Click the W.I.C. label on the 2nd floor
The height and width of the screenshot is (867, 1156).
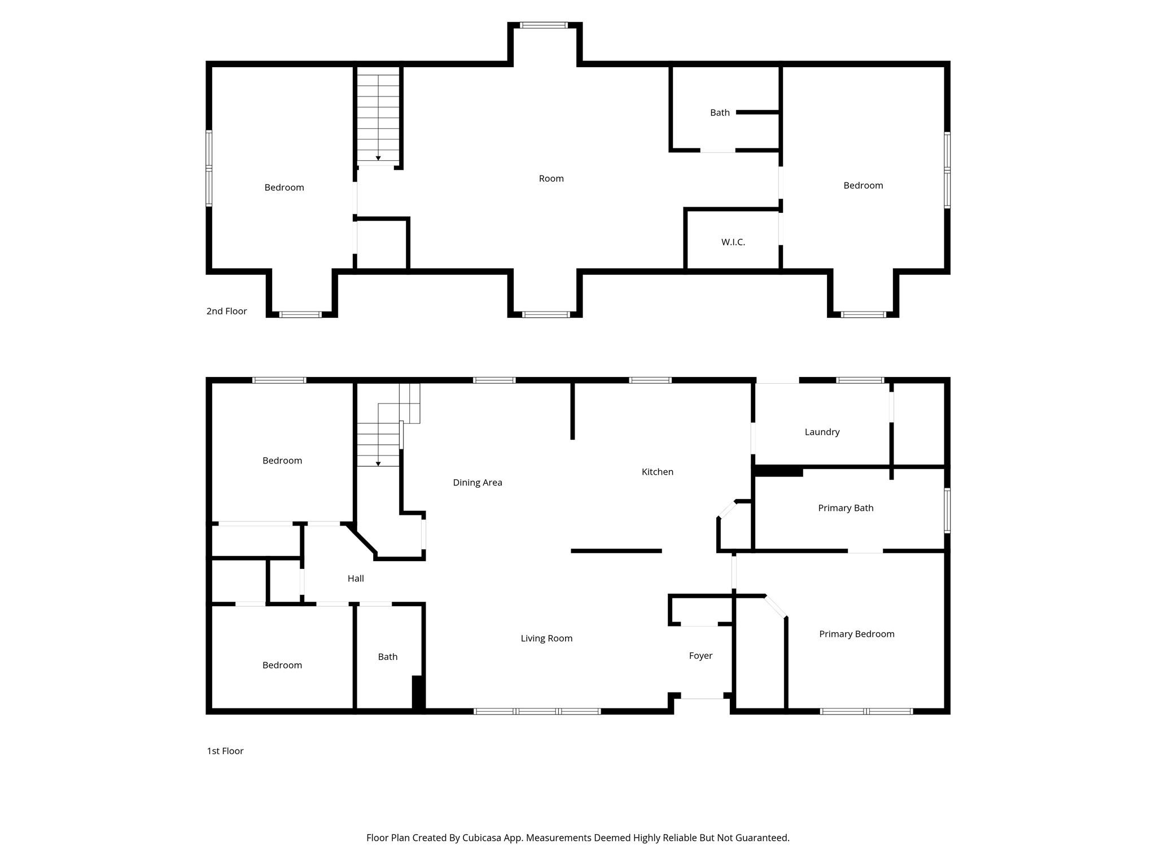pyautogui.click(x=733, y=242)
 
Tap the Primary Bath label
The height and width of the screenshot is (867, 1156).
pyautogui.click(x=846, y=508)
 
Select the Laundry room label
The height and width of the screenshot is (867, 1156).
pyautogui.click(x=822, y=432)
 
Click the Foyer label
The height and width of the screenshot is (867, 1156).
pyautogui.click(x=700, y=655)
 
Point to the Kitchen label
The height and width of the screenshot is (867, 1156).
pyautogui.click(x=657, y=472)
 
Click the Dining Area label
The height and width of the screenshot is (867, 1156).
pyautogui.click(x=477, y=483)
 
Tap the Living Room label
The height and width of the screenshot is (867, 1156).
pyautogui.click(x=546, y=638)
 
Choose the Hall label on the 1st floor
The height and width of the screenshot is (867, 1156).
pyautogui.click(x=356, y=579)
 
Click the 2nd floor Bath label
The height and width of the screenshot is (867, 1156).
pyautogui.click(x=720, y=113)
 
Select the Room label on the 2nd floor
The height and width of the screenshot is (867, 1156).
pyautogui.click(x=551, y=178)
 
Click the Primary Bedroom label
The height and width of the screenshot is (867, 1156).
pyautogui.click(x=856, y=634)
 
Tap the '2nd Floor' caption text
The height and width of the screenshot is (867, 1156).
pyautogui.click(x=226, y=311)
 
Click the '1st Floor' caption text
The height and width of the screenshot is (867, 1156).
pyautogui.click(x=225, y=751)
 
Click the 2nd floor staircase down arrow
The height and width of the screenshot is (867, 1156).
pyautogui.click(x=378, y=158)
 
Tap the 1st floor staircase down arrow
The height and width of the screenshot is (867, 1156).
pyautogui.click(x=378, y=463)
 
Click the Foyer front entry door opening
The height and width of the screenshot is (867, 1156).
pyautogui.click(x=702, y=698)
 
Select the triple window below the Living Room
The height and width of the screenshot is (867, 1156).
pyautogui.click(x=537, y=711)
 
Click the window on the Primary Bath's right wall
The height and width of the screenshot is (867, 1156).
pyautogui.click(x=947, y=510)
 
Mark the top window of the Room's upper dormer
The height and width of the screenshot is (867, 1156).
pyautogui.click(x=544, y=25)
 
